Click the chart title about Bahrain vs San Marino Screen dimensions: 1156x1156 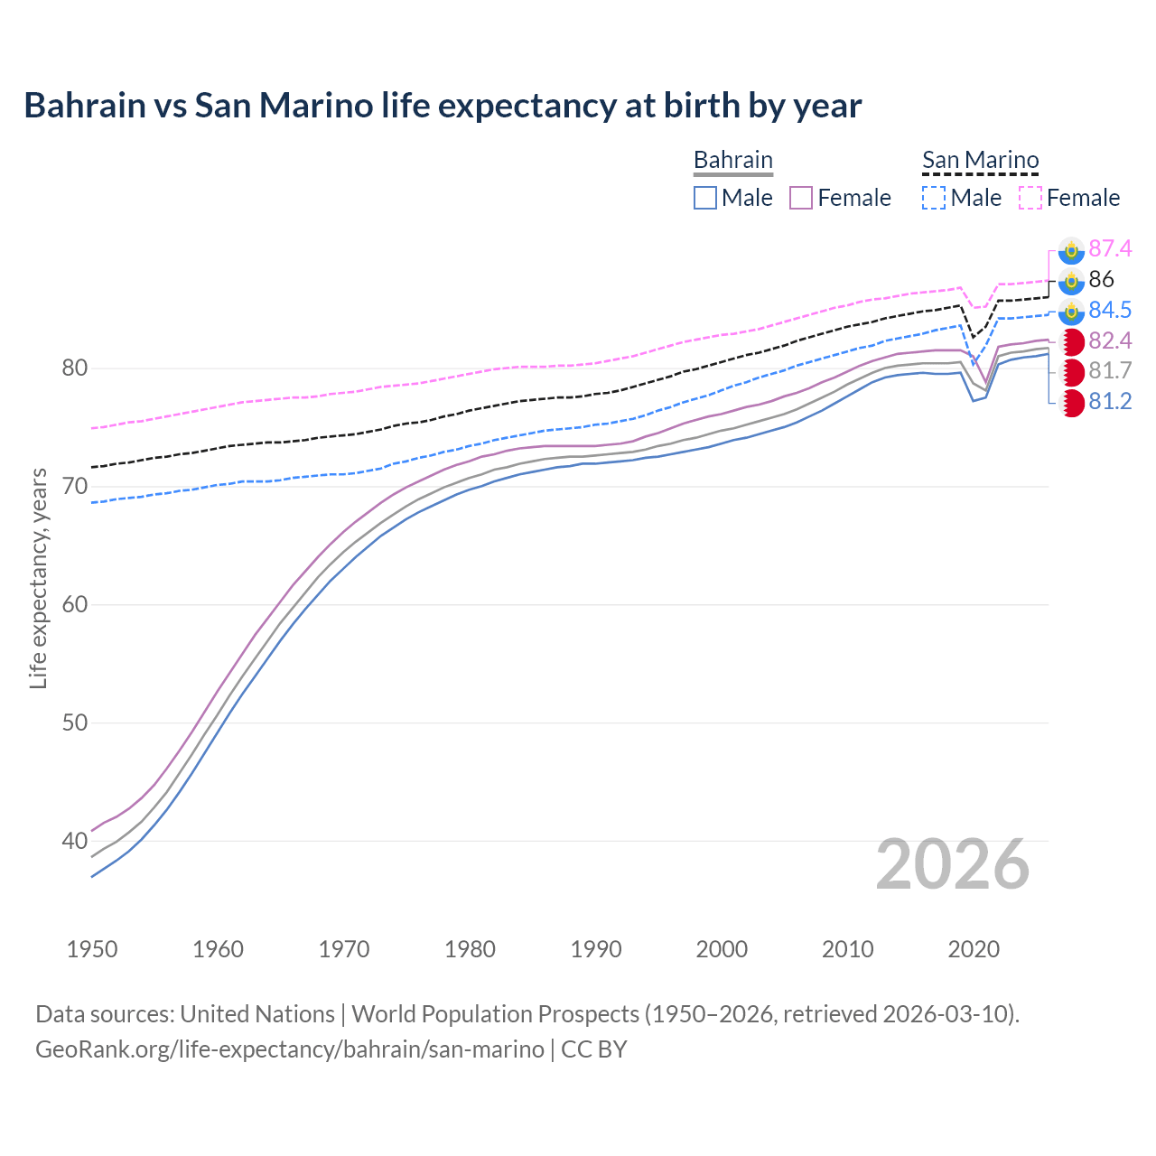click(x=443, y=106)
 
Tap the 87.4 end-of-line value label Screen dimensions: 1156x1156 click(x=1110, y=248)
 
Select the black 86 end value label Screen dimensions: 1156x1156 click(x=1101, y=279)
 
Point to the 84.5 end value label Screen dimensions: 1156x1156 click(x=1110, y=310)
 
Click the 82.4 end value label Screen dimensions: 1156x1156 click(x=1110, y=340)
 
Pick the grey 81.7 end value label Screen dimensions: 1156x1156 click(x=1110, y=371)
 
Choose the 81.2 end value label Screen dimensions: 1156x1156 click(x=1110, y=402)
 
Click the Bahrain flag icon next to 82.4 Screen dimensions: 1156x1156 click(x=1072, y=341)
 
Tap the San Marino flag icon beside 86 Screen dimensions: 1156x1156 click(x=1071, y=280)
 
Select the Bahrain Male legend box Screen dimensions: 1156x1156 click(x=705, y=198)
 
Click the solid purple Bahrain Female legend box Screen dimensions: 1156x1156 click(x=801, y=198)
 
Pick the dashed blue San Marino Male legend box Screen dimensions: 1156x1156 click(x=934, y=198)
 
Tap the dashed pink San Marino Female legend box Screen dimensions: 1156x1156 click(x=1030, y=198)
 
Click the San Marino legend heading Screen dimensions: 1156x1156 click(x=980, y=161)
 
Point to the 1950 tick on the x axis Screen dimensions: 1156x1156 click(x=92, y=949)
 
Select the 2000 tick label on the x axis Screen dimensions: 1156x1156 click(x=722, y=949)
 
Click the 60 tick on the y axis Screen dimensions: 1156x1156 click(x=75, y=604)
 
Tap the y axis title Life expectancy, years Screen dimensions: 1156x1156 click(x=38, y=578)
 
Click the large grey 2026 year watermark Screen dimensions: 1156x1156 click(x=953, y=864)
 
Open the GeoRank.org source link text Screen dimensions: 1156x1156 click(x=289, y=1049)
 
